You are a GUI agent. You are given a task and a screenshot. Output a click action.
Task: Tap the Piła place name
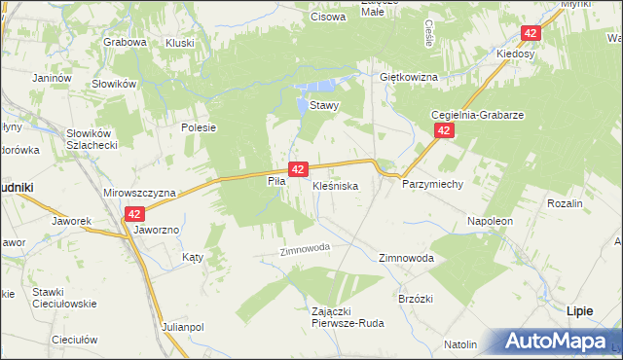[x=275, y=181]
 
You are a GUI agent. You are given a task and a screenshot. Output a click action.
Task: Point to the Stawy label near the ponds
[x=323, y=106]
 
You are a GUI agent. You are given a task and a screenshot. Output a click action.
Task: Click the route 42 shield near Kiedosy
[x=530, y=33]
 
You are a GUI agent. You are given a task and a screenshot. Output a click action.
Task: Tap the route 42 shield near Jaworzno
[x=134, y=214]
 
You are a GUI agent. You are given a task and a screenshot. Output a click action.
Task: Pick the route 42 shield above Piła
[x=298, y=168]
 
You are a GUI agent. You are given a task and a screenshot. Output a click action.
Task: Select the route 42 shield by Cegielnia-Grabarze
[x=444, y=129]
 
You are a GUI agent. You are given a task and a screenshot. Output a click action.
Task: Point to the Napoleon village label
[x=490, y=222]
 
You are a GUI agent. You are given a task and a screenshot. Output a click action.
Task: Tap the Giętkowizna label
[x=409, y=77]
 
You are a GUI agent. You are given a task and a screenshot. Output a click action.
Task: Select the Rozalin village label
[x=565, y=204]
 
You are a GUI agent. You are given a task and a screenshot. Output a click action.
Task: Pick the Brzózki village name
[x=416, y=298]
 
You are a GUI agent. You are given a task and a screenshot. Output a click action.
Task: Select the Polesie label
[x=198, y=127]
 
